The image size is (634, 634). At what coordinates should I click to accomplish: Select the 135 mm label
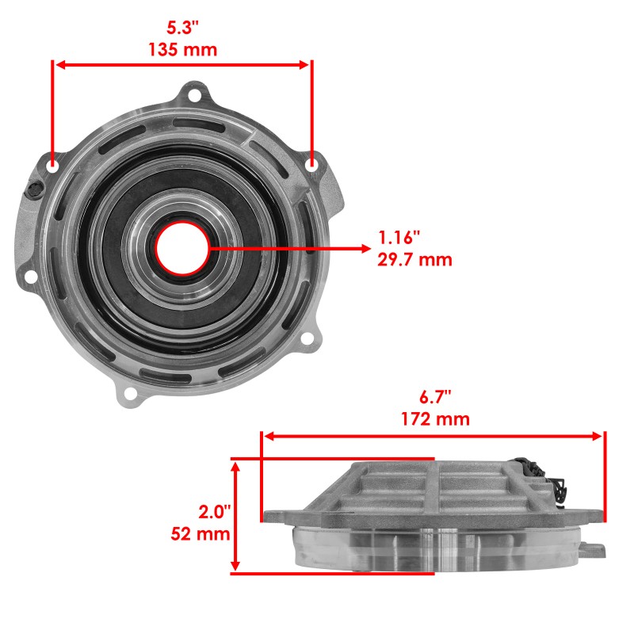(182, 49)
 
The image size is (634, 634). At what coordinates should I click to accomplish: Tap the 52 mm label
(201, 533)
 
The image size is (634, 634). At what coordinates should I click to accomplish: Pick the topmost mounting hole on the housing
(195, 97)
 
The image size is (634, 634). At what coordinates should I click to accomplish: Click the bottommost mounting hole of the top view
(131, 393)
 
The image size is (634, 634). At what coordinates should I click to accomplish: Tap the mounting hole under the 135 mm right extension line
(311, 164)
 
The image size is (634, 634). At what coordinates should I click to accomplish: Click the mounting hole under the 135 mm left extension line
(53, 166)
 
